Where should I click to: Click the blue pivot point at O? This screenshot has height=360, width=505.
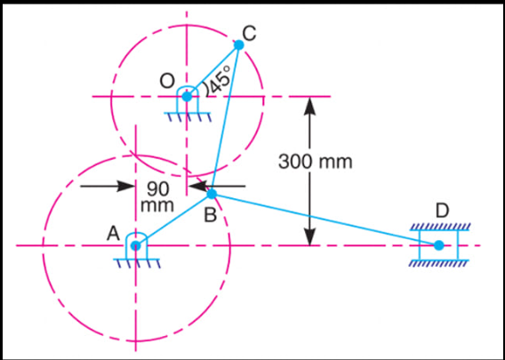pyautogui.click(x=187, y=96)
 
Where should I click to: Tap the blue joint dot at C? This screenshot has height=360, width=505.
pyautogui.click(x=238, y=44)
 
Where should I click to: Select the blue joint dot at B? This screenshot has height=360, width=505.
pyautogui.click(x=212, y=194)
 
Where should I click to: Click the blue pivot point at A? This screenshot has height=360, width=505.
pyautogui.click(x=136, y=245)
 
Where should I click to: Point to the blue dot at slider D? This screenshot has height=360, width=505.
pyautogui.click(x=438, y=245)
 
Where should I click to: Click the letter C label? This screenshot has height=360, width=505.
pyautogui.click(x=249, y=33)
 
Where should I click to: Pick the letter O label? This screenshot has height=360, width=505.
pyautogui.click(x=167, y=82)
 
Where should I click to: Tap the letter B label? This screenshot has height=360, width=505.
pyautogui.click(x=210, y=215)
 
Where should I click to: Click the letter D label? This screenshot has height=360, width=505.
pyautogui.click(x=443, y=212)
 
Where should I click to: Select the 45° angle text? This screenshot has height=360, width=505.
pyautogui.click(x=220, y=81)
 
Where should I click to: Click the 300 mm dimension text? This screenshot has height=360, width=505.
pyautogui.click(x=316, y=162)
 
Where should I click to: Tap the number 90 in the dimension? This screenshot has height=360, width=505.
pyautogui.click(x=158, y=189)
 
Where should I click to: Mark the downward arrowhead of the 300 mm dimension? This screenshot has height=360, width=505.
pyautogui.click(x=309, y=236)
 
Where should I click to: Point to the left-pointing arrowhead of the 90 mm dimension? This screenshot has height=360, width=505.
pyautogui.click(x=197, y=186)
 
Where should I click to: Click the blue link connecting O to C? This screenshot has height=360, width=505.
pyautogui.click(x=212, y=70)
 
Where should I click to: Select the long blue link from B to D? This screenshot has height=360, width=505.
pyautogui.click(x=325, y=220)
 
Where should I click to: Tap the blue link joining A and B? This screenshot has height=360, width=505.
pyautogui.click(x=173, y=220)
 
